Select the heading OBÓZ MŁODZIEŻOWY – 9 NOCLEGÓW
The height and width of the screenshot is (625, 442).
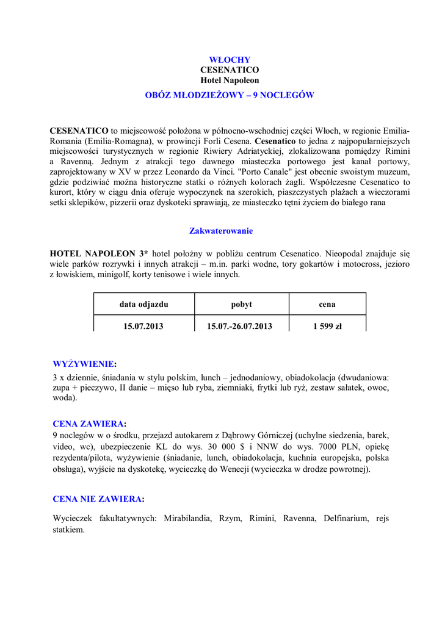click(x=230, y=95)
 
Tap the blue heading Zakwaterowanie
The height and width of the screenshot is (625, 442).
click(x=221, y=231)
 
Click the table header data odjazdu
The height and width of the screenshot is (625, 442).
click(x=143, y=304)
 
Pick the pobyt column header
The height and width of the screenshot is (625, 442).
click(x=241, y=304)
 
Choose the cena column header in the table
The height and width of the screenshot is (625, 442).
click(x=327, y=304)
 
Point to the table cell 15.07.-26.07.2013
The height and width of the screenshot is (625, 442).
click(x=239, y=326)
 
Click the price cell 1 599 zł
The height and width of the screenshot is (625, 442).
click(x=327, y=326)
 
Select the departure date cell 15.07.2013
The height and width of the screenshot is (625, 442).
click(x=143, y=326)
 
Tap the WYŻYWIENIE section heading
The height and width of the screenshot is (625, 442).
click(x=84, y=364)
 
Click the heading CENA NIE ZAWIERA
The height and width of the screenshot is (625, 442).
click(x=98, y=499)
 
